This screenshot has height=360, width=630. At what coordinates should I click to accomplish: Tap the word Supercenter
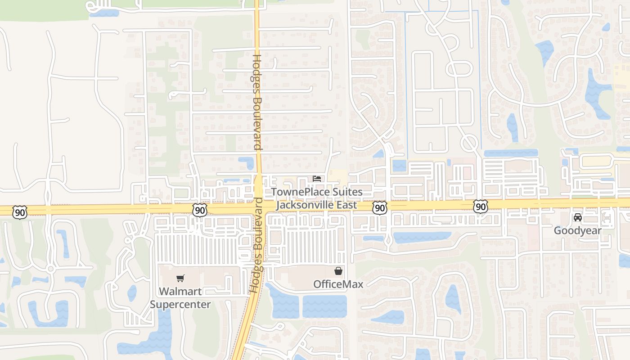180,304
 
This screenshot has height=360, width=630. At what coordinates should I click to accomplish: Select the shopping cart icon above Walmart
180,278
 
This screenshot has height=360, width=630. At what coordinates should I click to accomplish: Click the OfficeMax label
338,284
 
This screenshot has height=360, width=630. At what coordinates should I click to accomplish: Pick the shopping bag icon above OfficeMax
338,271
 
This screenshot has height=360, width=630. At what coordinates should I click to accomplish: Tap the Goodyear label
577,230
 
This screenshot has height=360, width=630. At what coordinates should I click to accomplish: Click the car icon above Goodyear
577,218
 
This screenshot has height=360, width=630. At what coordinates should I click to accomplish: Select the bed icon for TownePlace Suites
317,179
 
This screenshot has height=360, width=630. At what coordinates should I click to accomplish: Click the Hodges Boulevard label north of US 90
257,103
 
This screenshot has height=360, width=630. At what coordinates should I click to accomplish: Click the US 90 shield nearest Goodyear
480,207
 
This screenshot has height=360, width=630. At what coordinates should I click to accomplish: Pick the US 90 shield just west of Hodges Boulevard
200,209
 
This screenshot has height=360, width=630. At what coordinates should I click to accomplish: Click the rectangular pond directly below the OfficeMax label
324,306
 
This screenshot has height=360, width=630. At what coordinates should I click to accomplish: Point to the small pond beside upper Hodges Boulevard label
246,162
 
